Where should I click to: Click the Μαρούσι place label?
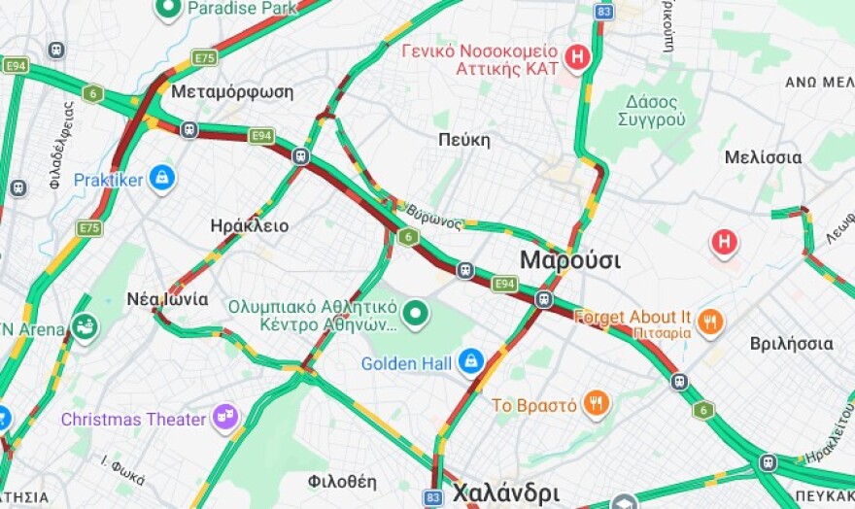click(569, 260)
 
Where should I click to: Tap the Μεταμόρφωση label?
click(232, 91)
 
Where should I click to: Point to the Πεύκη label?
click(463, 140)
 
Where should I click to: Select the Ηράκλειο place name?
click(249, 225)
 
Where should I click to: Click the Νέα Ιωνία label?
click(167, 299)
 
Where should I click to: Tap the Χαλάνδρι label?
click(505, 491)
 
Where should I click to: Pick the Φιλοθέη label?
click(341, 481)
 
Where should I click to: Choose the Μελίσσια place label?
click(763, 157)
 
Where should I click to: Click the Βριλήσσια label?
click(791, 344)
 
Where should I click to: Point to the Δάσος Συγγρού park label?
click(651, 111)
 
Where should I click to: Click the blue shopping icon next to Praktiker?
click(161, 179)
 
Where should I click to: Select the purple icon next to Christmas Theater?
click(225, 418)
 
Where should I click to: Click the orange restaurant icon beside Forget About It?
click(710, 322)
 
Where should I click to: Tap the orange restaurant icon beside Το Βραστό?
click(597, 404)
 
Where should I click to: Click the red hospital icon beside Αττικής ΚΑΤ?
click(578, 58)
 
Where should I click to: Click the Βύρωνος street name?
click(433, 216)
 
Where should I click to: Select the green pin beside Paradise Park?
click(169, 9)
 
